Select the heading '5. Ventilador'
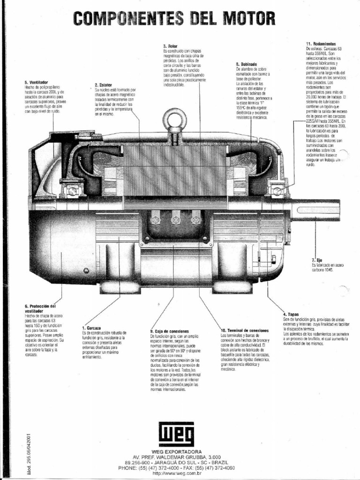coord(36,82)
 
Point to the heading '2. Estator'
coord(103,85)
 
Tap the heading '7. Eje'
coord(316,259)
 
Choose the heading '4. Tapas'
coord(291,314)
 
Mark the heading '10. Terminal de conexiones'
coord(244,330)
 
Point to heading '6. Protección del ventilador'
coord(43,308)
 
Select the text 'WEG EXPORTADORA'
coord(177,451)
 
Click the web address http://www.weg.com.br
coord(177,473)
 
